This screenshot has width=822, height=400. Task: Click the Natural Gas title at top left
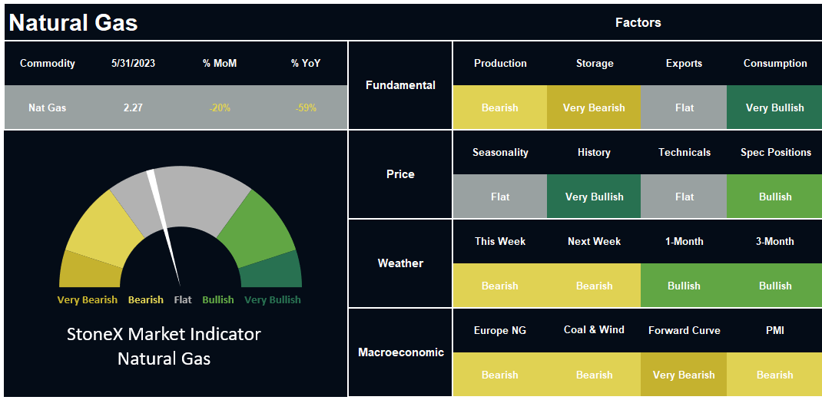[x=74, y=23]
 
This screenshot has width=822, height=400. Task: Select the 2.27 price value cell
[x=133, y=108]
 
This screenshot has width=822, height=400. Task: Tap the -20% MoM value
[x=220, y=108]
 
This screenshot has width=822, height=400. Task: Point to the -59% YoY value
[x=306, y=108]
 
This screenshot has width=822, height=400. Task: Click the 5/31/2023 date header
[x=133, y=64]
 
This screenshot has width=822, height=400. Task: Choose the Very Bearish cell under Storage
[x=594, y=107]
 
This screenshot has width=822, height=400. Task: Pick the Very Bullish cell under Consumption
[x=774, y=107]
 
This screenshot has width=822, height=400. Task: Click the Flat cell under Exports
[x=684, y=107]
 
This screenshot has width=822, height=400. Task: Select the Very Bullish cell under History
[x=594, y=197]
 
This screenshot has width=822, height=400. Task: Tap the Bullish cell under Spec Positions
[x=774, y=197]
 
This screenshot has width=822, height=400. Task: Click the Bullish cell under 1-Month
[x=684, y=286]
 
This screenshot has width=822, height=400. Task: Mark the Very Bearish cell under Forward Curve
[x=684, y=375]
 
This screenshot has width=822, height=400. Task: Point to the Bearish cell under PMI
[x=774, y=375]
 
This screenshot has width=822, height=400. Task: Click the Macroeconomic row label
[x=400, y=352]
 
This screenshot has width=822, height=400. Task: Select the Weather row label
[x=400, y=263]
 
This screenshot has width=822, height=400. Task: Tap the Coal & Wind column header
[x=594, y=330]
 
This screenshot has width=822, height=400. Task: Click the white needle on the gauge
[x=164, y=228]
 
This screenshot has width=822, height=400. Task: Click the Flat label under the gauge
[x=183, y=300]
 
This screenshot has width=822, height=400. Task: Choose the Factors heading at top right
[x=638, y=22]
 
